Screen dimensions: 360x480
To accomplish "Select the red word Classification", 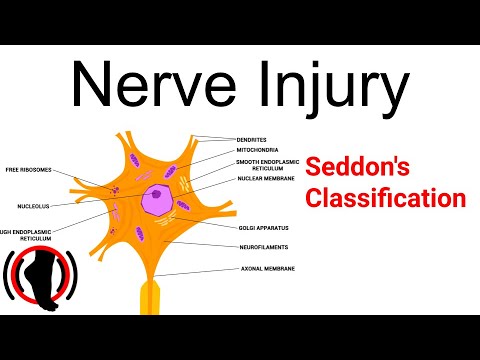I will (x=386, y=197).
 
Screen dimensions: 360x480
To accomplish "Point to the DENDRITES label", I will (x=258, y=138).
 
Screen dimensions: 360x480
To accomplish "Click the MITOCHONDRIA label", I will (x=262, y=150).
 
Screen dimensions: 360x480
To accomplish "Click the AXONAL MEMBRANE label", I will (x=267, y=269).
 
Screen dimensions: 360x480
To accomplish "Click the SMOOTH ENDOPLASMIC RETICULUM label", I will (x=268, y=164).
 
